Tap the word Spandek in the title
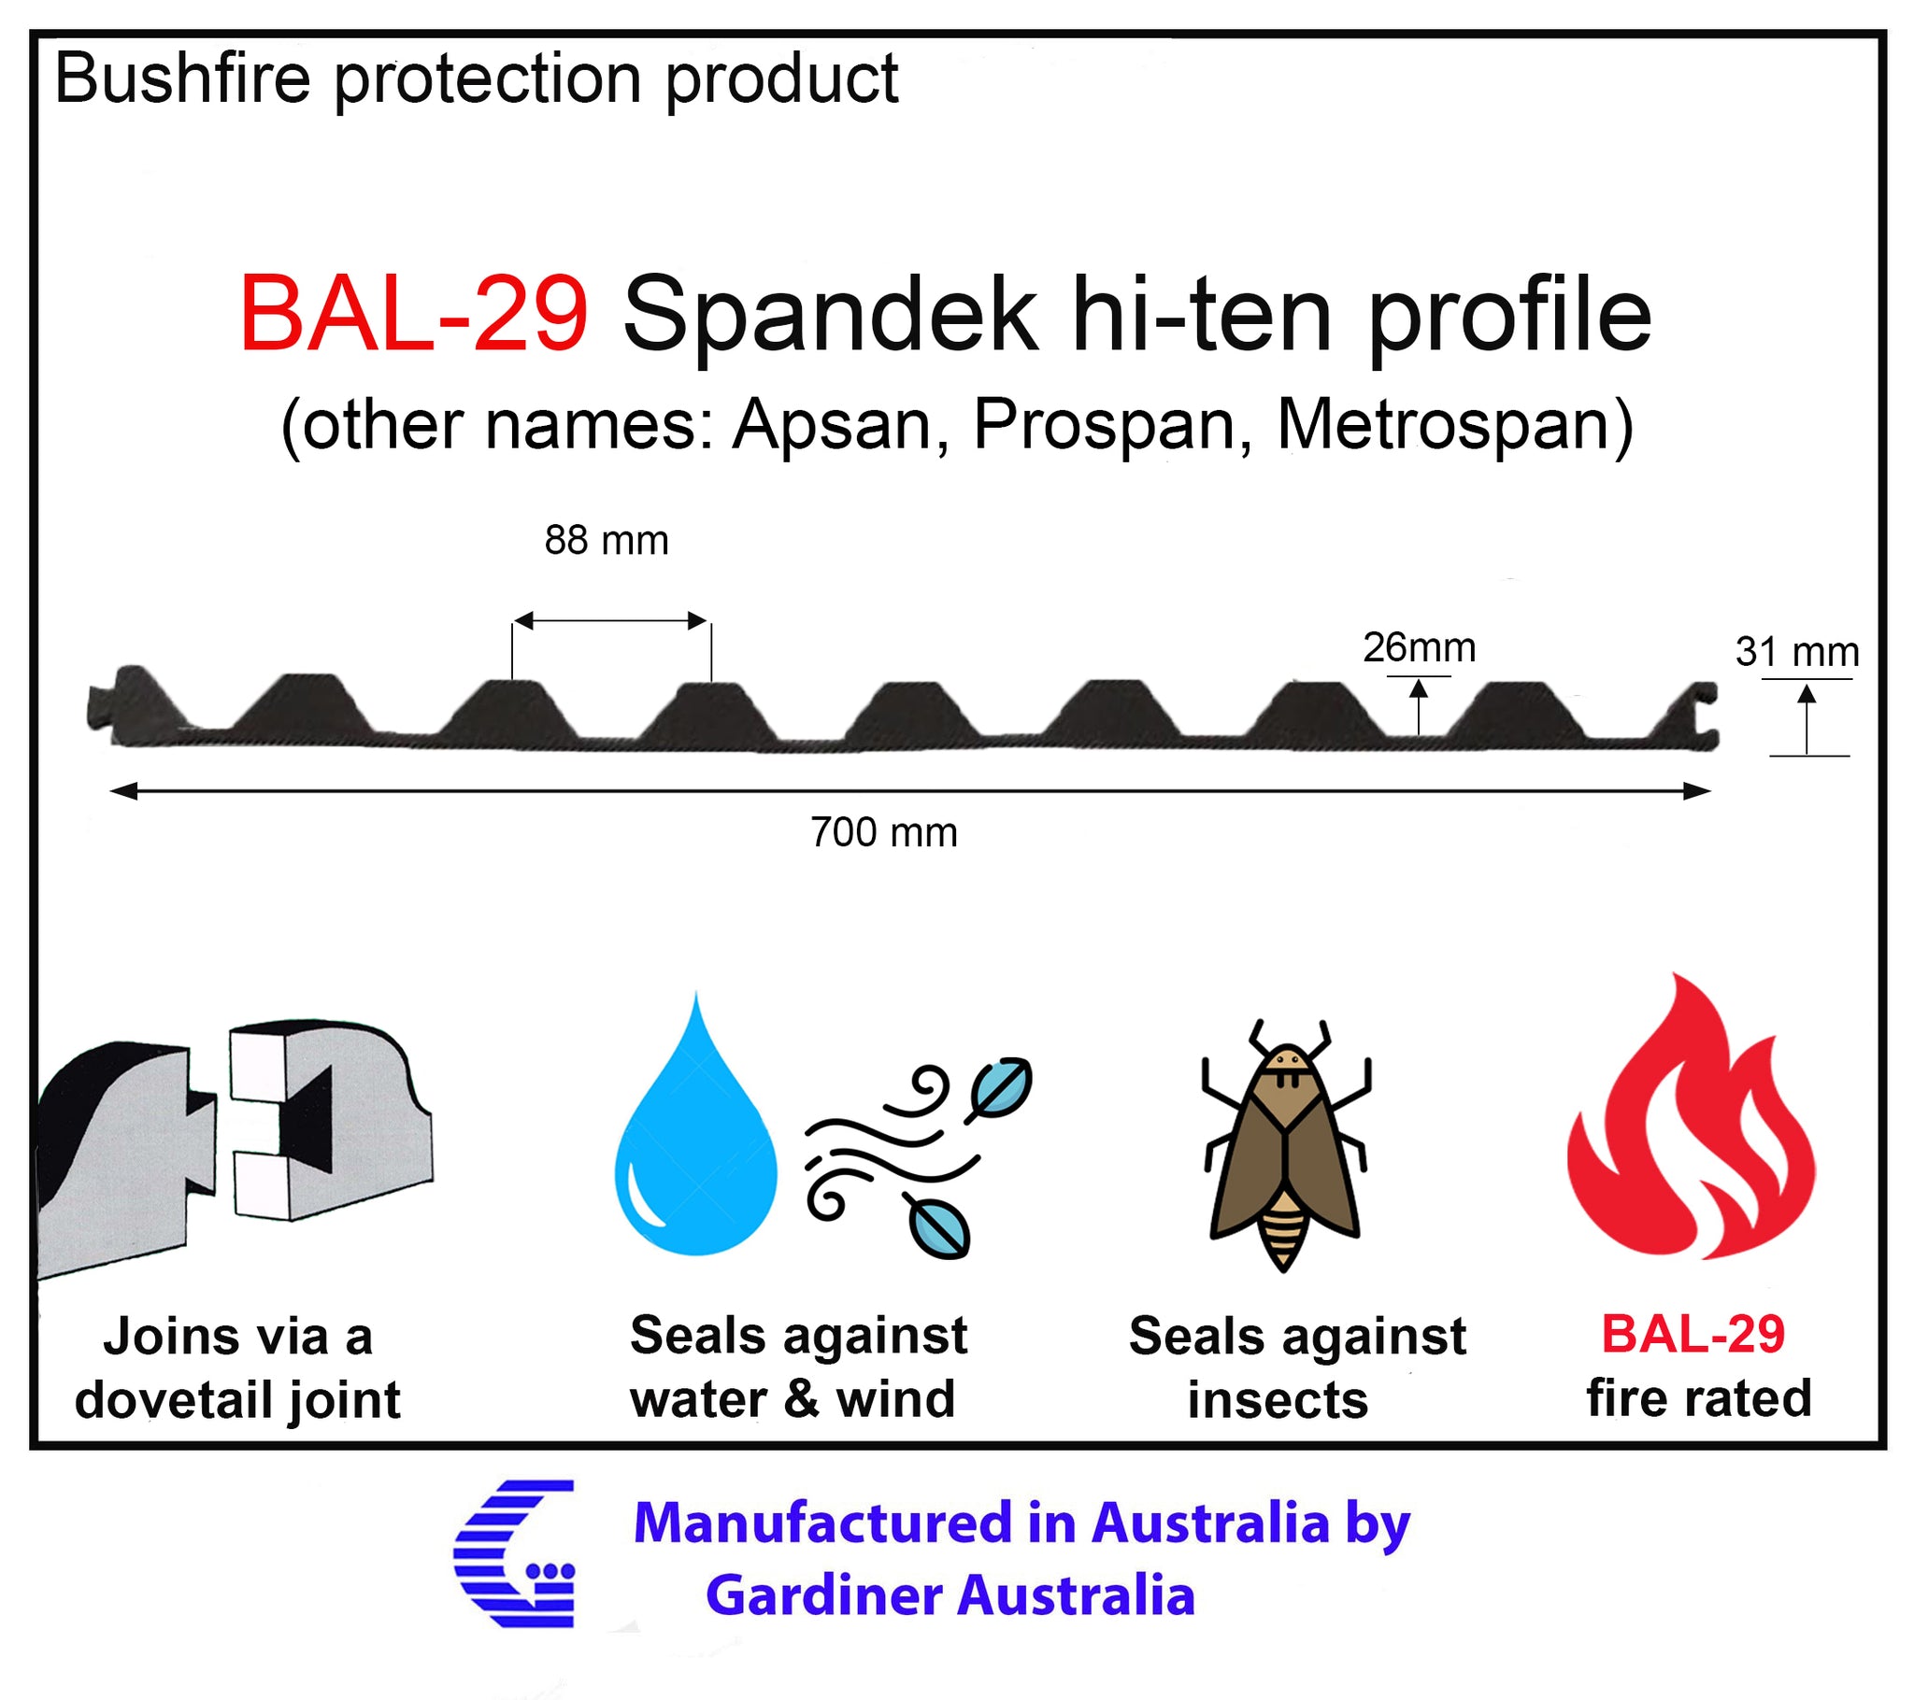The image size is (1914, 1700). tap(830, 314)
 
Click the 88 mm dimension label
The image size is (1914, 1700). tap(607, 540)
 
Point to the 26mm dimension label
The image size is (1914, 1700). tap(1419, 647)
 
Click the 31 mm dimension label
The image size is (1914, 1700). tap(1797, 652)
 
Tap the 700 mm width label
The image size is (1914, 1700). tap(884, 832)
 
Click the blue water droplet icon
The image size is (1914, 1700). tap(695, 1125)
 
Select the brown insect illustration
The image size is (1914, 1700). tap(1285, 1145)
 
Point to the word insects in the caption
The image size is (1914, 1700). tap(1278, 1400)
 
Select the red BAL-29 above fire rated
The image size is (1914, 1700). tap(1693, 1334)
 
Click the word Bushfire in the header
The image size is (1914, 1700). tap(182, 78)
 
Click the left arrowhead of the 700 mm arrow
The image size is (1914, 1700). tap(122, 792)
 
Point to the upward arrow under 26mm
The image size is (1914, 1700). tap(1419, 707)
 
